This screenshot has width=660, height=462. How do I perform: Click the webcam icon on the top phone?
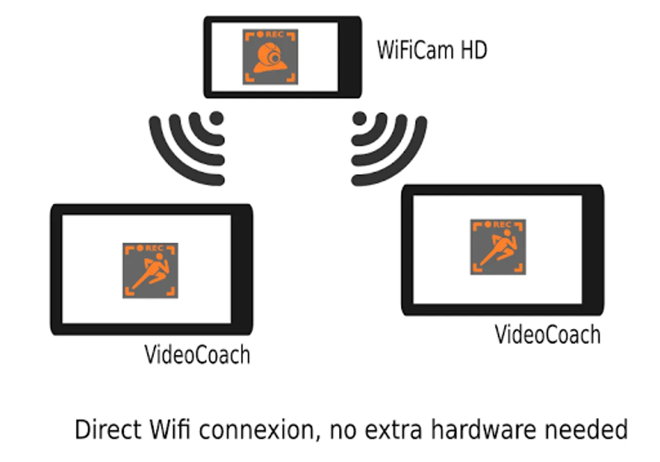[x=270, y=56]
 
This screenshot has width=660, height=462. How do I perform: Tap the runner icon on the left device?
[x=150, y=271]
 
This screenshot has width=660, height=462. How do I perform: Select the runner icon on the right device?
[x=498, y=247]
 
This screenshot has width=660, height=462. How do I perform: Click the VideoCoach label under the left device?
[x=197, y=355]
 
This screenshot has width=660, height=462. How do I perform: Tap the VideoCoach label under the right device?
[x=547, y=335]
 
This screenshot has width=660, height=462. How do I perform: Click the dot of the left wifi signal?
[x=217, y=118]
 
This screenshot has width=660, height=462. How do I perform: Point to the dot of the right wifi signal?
[x=359, y=119]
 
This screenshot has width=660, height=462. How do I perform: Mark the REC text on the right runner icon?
[x=502, y=225]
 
